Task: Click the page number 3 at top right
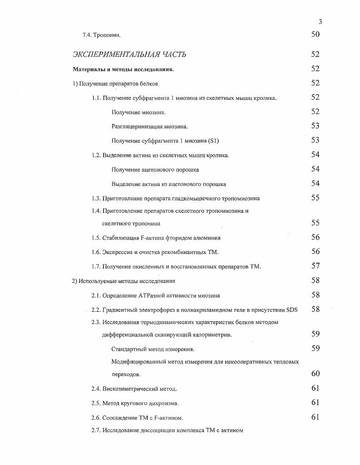click(321, 21)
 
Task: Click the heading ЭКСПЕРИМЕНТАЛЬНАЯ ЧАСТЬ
click(129, 54)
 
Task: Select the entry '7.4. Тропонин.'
click(101, 35)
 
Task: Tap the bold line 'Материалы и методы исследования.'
click(123, 69)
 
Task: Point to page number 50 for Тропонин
click(316, 34)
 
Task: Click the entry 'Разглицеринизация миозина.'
click(149, 127)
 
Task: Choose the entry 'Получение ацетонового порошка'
click(155, 170)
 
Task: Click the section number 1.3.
click(96, 198)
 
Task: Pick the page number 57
click(316, 266)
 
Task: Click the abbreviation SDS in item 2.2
click(292, 309)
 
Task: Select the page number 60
click(316, 374)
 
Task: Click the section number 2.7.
click(96, 430)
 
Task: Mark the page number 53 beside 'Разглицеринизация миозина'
click(316, 126)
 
